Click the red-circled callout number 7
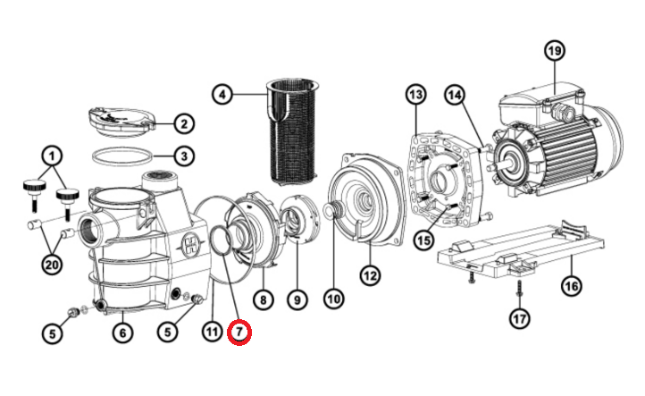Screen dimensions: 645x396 click(239, 332)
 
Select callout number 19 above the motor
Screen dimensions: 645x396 click(555, 51)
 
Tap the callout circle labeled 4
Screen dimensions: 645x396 click(222, 95)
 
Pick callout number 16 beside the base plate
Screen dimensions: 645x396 click(572, 285)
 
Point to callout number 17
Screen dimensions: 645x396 click(519, 318)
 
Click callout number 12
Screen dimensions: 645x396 click(370, 275)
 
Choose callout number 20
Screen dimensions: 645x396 click(52, 265)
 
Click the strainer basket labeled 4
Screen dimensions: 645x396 click(293, 131)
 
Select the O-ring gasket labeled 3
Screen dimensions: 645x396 click(122, 156)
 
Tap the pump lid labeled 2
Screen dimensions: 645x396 click(121, 122)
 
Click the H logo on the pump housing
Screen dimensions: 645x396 click(191, 245)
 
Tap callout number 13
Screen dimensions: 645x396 click(416, 95)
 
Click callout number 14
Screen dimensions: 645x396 click(455, 95)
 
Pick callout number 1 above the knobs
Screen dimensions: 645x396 click(52, 156)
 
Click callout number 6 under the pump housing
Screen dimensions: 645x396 click(123, 333)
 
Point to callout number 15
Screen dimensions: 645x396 click(424, 240)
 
